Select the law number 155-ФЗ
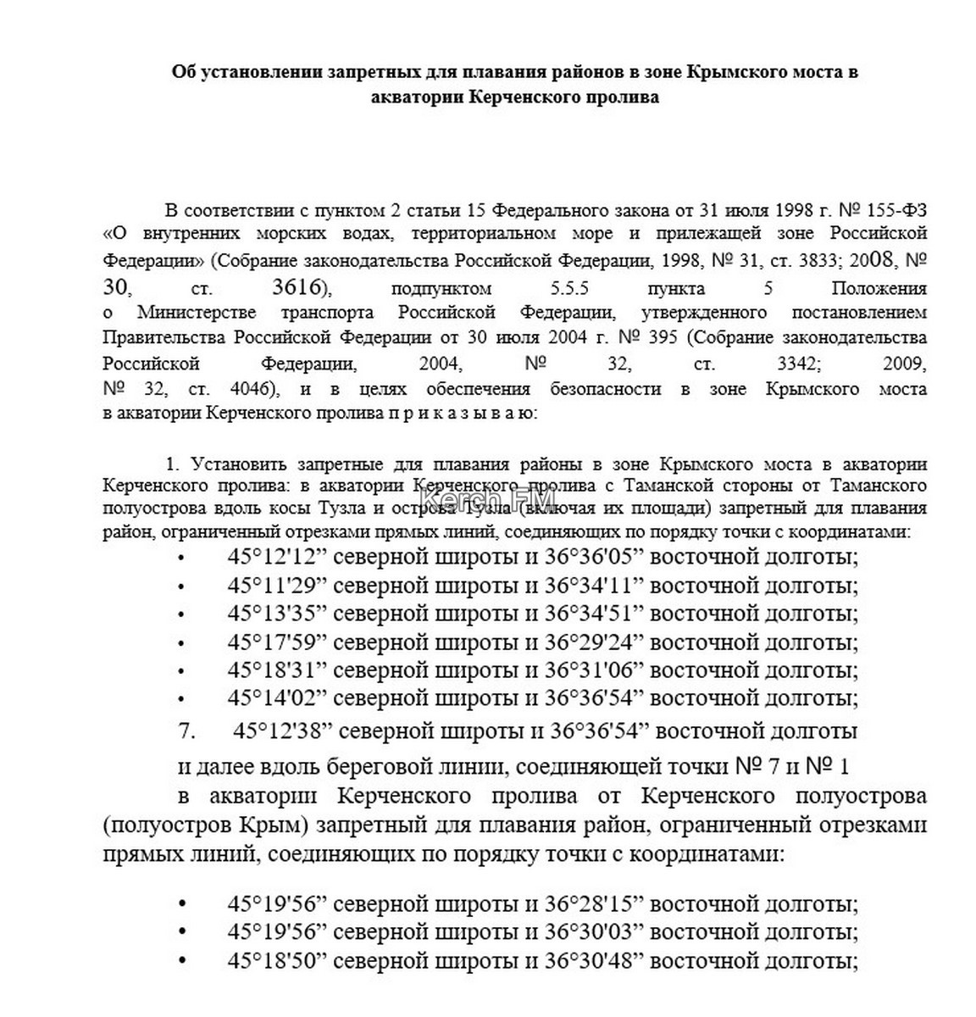(x=897, y=209)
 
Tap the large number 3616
(x=297, y=287)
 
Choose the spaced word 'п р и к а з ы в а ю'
(x=462, y=415)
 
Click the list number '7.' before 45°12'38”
(x=187, y=731)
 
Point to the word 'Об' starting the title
(x=182, y=72)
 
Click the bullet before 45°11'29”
(x=181, y=587)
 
